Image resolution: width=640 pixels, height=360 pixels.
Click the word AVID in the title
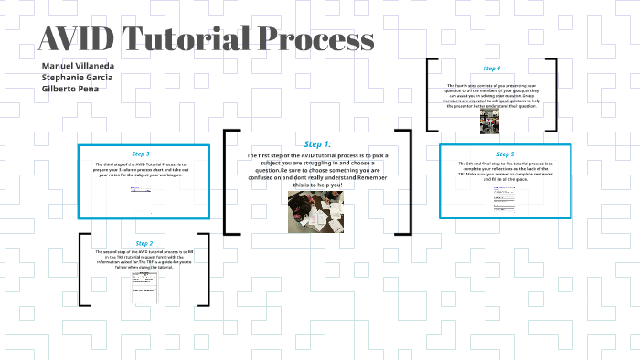click(x=77, y=39)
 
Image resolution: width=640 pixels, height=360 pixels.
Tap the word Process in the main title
click(x=316, y=39)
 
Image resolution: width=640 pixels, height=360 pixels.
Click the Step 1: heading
click(x=317, y=144)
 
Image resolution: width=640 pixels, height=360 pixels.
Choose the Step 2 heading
click(x=144, y=243)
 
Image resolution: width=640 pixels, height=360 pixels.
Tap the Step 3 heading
click(x=141, y=154)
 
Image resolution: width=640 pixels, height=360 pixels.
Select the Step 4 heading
click(x=492, y=69)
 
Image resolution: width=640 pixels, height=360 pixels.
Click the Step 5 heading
click(x=505, y=154)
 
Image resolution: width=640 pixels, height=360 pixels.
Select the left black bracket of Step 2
click(x=82, y=270)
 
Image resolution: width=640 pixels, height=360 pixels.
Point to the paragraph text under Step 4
click(x=492, y=96)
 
